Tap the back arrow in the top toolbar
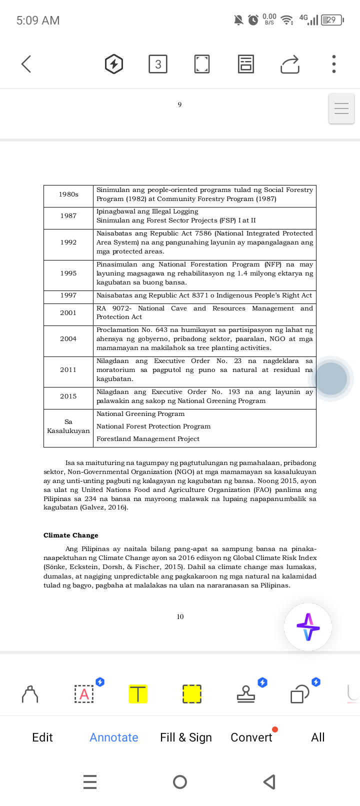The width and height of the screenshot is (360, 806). (26, 64)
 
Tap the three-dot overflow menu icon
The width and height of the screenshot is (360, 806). (334, 64)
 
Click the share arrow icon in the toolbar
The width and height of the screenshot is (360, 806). (290, 64)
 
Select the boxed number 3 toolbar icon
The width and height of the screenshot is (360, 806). (158, 64)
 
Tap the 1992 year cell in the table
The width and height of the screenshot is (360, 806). (68, 242)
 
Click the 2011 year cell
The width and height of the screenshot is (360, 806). (68, 370)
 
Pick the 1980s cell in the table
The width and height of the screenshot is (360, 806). (68, 194)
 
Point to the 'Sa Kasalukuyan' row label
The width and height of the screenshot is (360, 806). (68, 426)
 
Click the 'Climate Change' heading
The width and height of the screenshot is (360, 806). (71, 535)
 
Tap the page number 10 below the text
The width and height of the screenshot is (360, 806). (180, 617)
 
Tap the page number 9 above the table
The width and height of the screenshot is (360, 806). (179, 104)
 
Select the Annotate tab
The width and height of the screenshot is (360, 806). (114, 737)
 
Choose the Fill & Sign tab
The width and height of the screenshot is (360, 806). (186, 737)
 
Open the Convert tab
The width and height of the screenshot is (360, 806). (251, 737)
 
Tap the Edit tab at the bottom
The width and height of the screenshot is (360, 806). (42, 737)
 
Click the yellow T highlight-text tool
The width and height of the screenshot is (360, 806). (138, 694)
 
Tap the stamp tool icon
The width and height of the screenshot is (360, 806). (245, 694)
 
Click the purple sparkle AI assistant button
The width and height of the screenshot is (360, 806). (308, 627)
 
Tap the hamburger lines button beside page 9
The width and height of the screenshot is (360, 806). (341, 108)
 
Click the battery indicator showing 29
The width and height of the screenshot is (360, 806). (332, 20)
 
